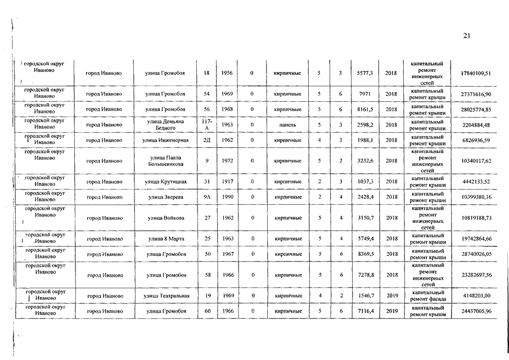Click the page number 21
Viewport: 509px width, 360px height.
[466, 35]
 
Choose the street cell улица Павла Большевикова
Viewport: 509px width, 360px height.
[165, 161]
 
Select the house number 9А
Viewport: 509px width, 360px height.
[206, 197]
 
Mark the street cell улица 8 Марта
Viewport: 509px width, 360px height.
[165, 239]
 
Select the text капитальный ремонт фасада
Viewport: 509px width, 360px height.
[427, 296]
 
